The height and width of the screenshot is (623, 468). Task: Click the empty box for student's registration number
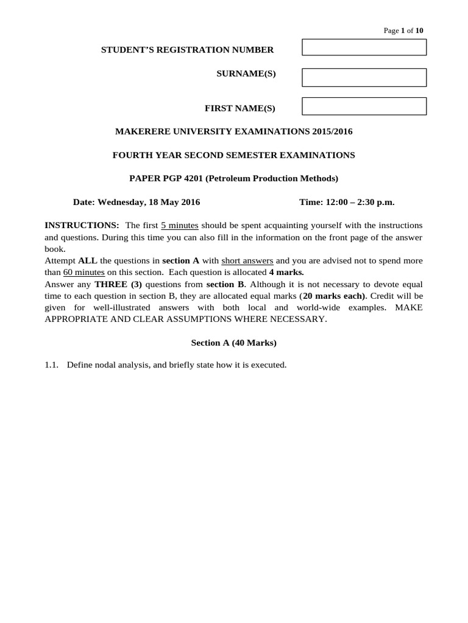pyautogui.click(x=364, y=47)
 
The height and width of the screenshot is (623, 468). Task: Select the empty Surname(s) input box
pyautogui.click(x=364, y=77)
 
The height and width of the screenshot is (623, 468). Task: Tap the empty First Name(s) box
pyautogui.click(x=364, y=106)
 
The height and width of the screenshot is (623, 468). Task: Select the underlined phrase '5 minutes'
pyautogui.click(x=180, y=226)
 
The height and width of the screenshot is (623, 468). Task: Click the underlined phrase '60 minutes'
pyautogui.click(x=84, y=273)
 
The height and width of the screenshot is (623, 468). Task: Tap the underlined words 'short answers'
pyautogui.click(x=247, y=261)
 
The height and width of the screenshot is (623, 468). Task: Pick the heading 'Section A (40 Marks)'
pyautogui.click(x=234, y=343)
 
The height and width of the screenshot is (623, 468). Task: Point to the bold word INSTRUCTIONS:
pyautogui.click(x=82, y=226)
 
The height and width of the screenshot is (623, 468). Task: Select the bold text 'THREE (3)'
pyautogui.click(x=118, y=284)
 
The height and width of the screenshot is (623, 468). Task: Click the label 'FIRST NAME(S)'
pyautogui.click(x=239, y=108)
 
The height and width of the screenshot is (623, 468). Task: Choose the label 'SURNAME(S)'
pyautogui.click(x=246, y=74)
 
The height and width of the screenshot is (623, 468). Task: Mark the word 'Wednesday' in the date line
pyautogui.click(x=126, y=202)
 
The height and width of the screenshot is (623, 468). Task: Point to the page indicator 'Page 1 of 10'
pyautogui.click(x=403, y=30)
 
